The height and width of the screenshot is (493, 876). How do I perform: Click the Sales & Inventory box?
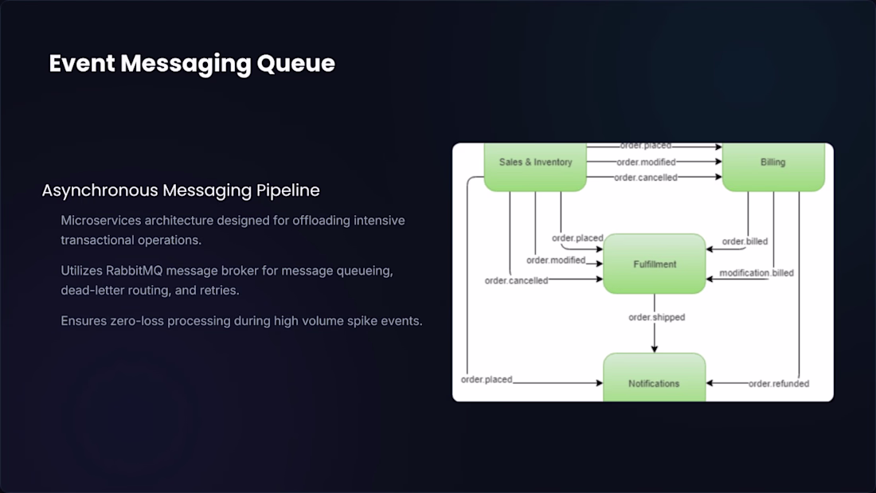click(535, 166)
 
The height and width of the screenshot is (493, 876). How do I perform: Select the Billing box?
click(773, 166)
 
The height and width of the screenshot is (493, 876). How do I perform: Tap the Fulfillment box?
click(654, 264)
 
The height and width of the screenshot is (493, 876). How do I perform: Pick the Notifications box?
click(654, 378)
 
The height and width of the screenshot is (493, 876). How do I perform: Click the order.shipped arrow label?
click(656, 317)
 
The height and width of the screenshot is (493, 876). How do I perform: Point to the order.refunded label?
click(779, 383)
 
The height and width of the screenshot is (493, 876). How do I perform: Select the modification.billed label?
click(757, 272)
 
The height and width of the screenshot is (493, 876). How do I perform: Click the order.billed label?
click(745, 241)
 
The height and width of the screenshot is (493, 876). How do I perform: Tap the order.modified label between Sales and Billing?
click(646, 162)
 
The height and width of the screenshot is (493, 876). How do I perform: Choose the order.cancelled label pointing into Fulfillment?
click(516, 280)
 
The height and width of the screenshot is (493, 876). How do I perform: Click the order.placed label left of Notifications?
click(487, 380)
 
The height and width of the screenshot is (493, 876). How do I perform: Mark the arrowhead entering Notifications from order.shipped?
click(654, 349)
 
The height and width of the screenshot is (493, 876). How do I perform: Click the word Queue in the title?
click(296, 64)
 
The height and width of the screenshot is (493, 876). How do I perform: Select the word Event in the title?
click(81, 63)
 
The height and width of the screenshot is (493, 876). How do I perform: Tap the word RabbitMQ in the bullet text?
click(134, 271)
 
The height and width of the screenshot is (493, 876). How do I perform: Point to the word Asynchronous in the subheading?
click(100, 190)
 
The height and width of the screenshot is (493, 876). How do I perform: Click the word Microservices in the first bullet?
click(101, 221)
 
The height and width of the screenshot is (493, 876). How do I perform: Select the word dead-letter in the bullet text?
click(88, 290)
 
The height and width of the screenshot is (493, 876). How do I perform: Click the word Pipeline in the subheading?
click(288, 190)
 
